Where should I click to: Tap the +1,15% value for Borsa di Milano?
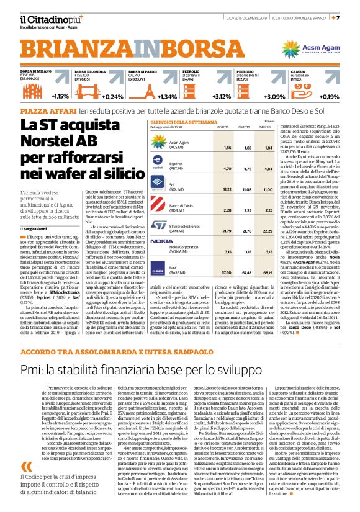tap(60, 97)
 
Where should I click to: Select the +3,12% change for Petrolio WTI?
tap(221, 97)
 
